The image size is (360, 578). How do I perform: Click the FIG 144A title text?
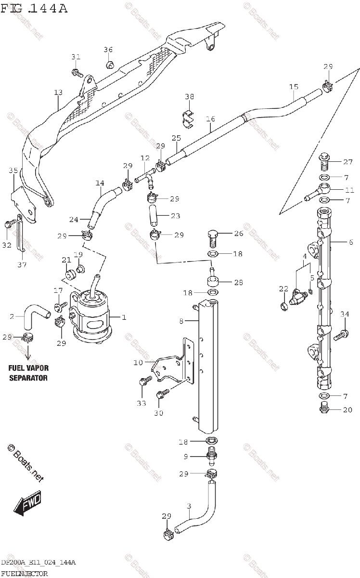click(34, 8)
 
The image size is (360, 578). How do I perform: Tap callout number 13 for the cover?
click(58, 92)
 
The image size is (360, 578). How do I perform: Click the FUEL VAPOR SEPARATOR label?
click(28, 373)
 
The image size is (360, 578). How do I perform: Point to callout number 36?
click(108, 50)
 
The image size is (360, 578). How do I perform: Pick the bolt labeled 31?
click(76, 73)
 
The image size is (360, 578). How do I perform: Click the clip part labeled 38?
click(188, 117)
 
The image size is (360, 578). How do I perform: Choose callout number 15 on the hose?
click(294, 87)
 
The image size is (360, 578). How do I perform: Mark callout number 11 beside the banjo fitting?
click(349, 189)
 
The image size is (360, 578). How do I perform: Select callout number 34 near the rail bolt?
click(344, 315)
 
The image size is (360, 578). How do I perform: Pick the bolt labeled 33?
click(143, 382)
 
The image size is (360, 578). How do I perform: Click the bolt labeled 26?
click(212, 236)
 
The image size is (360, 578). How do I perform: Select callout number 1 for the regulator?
click(124, 317)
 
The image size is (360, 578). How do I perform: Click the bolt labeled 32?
click(8, 224)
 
